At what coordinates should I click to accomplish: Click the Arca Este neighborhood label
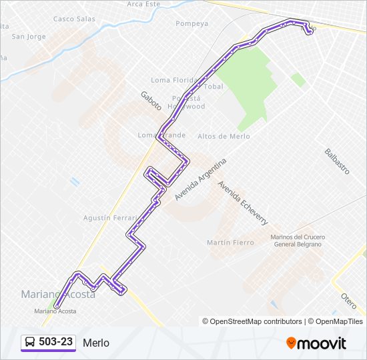(x=143, y=4)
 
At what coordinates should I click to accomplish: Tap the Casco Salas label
(x=74, y=19)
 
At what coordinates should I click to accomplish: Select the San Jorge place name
(x=29, y=36)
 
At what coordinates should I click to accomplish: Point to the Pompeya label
(x=192, y=24)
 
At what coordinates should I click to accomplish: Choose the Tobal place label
(x=214, y=87)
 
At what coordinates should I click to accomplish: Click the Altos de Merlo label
(x=224, y=136)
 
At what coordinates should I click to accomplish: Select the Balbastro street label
(x=337, y=161)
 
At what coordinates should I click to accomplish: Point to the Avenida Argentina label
(x=201, y=179)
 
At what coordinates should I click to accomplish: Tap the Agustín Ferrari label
(x=110, y=218)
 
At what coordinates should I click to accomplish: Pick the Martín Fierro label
(x=230, y=243)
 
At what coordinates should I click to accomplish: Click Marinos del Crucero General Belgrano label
(x=296, y=241)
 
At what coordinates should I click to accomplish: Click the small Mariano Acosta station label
(x=55, y=311)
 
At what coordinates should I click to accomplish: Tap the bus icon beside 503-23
(x=30, y=343)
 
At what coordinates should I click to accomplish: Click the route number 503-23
(x=56, y=342)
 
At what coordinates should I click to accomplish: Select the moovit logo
(x=316, y=343)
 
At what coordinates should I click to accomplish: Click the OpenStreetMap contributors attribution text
(x=252, y=321)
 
